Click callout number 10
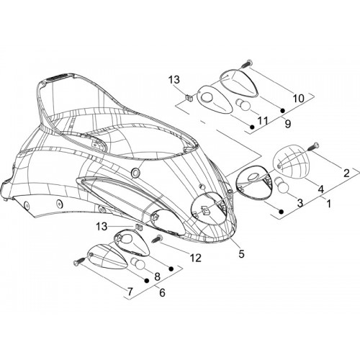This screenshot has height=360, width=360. pos(299,99)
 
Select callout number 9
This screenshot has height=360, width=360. pos(288,124)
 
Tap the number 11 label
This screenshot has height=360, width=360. pos(263,120)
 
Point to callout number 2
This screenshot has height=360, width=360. pos(346,174)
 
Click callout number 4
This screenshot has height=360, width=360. pos(321,189)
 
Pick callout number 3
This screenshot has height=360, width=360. pos(300,203)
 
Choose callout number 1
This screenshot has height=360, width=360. pos(329,204)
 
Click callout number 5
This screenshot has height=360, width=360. pos(241,253)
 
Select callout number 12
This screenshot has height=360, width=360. pos(196,258)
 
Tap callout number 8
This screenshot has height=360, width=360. pos(157,276)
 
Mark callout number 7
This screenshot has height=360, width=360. pos(130,292)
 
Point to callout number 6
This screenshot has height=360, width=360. pos(162,292)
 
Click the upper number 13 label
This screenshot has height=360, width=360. pos(174,80)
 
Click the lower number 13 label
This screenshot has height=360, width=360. pos(102,227)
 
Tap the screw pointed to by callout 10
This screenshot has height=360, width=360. pos(246,63)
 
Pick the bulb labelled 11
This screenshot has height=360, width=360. pos(243,105)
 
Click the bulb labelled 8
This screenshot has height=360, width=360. pos(138,264)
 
